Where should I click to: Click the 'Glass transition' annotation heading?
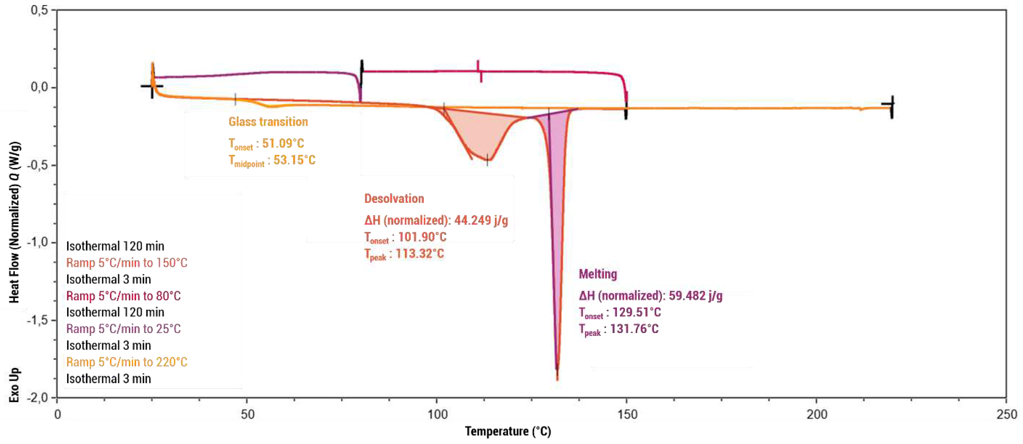pos(268,122)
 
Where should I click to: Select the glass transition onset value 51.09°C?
pos(283,143)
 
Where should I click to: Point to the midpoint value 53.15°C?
pos(294,160)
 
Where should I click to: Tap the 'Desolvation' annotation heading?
pos(394,198)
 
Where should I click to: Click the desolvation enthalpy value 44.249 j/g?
pos(481,220)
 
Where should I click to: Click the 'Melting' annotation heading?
pos(598,274)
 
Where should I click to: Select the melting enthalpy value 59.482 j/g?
pos(695,296)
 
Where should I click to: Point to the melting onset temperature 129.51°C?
pos(637,312)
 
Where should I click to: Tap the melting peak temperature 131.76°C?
pos(634,329)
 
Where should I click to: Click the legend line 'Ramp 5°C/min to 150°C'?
pos(127,263)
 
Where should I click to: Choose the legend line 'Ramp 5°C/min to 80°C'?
pos(123,296)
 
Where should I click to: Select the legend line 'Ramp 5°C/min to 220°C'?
pos(127,362)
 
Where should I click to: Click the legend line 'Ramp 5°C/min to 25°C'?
pos(123,329)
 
